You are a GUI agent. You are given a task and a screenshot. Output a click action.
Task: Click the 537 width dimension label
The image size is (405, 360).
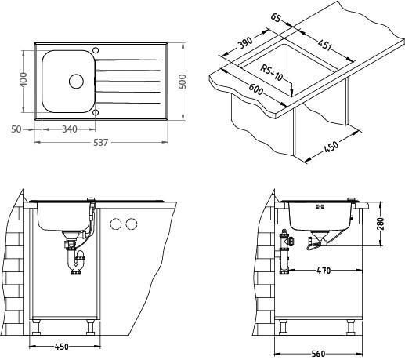[x=100, y=143]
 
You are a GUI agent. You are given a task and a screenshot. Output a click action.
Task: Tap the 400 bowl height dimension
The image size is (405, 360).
[x=24, y=80]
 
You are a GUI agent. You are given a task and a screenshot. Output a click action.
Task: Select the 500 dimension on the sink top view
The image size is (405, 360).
[x=183, y=82]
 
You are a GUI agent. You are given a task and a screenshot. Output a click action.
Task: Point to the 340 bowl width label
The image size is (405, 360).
[x=70, y=129]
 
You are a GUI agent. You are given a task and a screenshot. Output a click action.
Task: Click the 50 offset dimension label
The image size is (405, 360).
[x=16, y=129]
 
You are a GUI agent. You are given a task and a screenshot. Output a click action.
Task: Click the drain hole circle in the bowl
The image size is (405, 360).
[x=76, y=82]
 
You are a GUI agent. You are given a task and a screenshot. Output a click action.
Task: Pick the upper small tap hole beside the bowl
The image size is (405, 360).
[x=96, y=50]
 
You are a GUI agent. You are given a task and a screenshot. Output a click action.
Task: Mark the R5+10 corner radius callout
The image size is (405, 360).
[x=272, y=73]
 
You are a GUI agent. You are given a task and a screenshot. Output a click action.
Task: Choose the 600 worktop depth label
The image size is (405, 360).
[x=255, y=89]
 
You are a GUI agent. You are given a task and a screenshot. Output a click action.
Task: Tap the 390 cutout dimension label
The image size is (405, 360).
[x=245, y=42]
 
